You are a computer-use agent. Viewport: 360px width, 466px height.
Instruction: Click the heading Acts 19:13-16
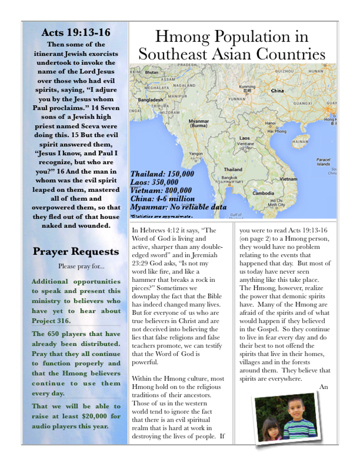[x=75, y=32]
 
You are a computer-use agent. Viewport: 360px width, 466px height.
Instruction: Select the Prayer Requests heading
[x=75, y=251]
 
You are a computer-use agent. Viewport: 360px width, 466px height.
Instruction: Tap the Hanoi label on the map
[x=270, y=123]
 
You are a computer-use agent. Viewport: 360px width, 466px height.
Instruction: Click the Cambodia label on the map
[x=263, y=193]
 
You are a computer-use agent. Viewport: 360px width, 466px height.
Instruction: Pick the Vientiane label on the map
[x=246, y=143]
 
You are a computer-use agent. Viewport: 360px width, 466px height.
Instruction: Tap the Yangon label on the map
[x=196, y=154]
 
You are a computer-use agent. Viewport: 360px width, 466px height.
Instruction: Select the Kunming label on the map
[x=247, y=87]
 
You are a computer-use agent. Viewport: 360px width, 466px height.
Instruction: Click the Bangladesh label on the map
[x=150, y=100]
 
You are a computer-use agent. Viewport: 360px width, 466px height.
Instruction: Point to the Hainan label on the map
[x=299, y=141]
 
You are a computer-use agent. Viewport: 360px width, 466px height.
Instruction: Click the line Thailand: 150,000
[x=162, y=174]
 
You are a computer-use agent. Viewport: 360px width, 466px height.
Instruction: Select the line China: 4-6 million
[x=163, y=198]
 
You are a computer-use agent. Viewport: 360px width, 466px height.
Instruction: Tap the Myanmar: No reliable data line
[x=178, y=207]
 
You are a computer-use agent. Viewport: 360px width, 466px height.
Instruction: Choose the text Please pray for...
[x=75, y=266]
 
